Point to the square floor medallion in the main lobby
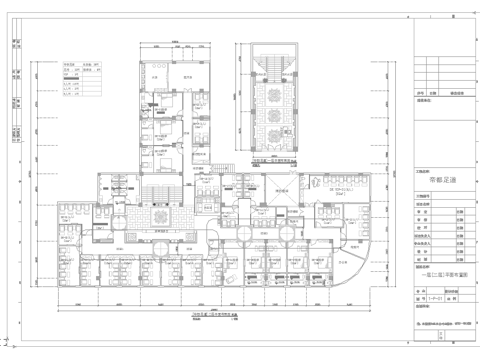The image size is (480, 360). click(x=157, y=213)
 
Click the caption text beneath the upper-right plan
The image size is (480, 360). click(x=271, y=160)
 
